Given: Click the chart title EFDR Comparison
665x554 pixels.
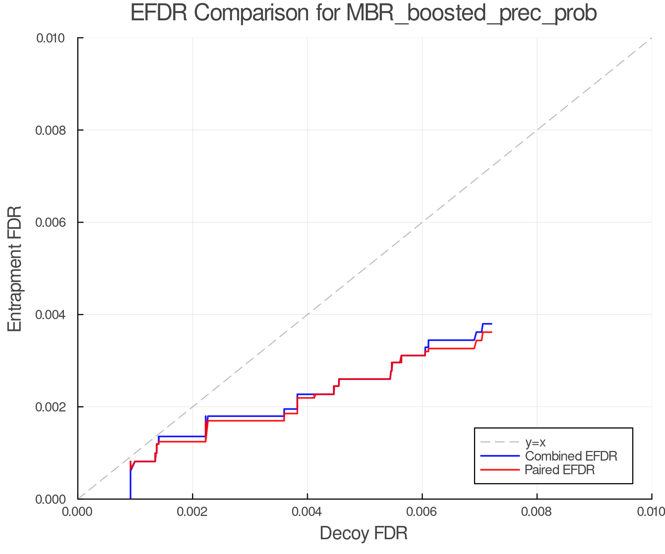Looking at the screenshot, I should click(x=364, y=13).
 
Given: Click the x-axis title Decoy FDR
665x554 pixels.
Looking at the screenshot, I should click(x=364, y=533).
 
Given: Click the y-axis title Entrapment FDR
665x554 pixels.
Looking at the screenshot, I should click(x=15, y=269).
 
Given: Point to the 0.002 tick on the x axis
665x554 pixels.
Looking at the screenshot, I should click(x=192, y=512).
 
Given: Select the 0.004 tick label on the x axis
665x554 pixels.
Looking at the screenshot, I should click(x=307, y=512).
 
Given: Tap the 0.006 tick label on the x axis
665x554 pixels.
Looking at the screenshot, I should click(x=422, y=512).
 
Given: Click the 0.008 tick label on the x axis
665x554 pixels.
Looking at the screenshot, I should click(x=537, y=512).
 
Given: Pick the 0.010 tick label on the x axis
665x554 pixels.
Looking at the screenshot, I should click(x=651, y=512).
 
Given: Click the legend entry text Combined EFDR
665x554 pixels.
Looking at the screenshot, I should click(x=571, y=456).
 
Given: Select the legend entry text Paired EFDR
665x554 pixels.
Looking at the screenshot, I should click(x=560, y=470).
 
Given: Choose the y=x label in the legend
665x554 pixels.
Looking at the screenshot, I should click(x=535, y=442).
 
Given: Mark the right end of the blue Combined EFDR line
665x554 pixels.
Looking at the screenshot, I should click(x=492, y=324).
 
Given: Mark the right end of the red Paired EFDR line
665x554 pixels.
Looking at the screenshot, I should click(x=492, y=332).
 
